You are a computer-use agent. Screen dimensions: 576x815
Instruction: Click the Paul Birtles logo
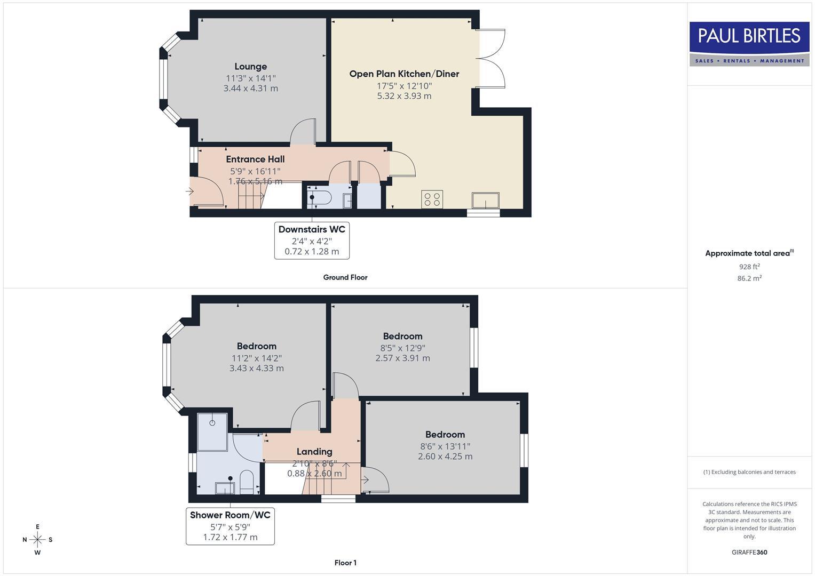[749, 44]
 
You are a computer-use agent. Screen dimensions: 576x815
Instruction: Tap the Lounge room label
[250, 67]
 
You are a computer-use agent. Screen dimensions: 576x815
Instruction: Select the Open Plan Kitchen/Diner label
[404, 74]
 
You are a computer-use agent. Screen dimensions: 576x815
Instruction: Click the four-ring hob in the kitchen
[432, 199]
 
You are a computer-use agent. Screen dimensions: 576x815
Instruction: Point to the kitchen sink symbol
[485, 201]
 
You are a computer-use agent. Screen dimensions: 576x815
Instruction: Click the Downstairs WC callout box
[312, 241]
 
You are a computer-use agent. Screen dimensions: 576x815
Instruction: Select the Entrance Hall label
[255, 159]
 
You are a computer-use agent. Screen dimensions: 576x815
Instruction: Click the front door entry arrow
[189, 191]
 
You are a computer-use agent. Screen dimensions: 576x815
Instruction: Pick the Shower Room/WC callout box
[230, 526]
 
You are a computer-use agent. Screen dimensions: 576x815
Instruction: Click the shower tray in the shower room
[212, 431]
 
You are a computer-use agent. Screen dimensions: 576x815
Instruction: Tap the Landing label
[314, 452]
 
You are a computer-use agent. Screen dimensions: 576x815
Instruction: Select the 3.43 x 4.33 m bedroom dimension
[256, 369]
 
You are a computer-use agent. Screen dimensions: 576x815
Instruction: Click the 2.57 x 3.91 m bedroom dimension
[402, 358]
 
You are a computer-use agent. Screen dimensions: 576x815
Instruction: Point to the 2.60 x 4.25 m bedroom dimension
[445, 457]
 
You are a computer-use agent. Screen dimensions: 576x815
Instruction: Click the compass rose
[37, 540]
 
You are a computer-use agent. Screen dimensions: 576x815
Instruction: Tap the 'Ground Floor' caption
[345, 277]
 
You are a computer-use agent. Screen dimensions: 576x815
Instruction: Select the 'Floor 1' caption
[345, 563]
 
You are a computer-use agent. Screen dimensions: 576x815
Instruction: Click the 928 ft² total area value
[749, 267]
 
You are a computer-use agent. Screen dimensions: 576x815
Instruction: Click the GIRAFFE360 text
[749, 553]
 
